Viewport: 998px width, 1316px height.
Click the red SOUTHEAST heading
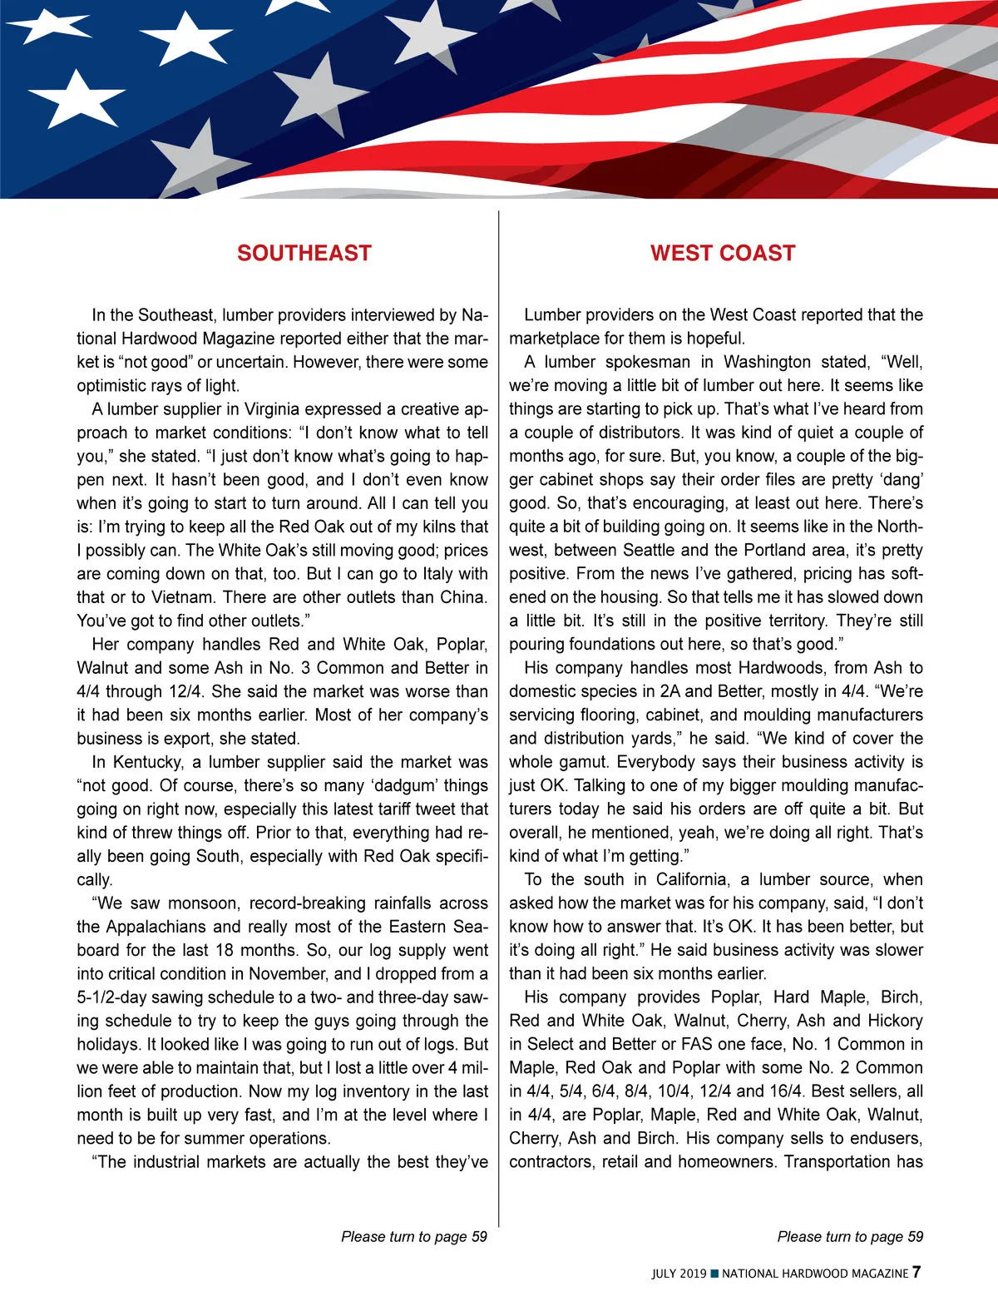(x=304, y=253)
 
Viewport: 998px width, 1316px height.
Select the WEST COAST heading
(x=723, y=253)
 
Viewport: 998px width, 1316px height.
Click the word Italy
(x=433, y=573)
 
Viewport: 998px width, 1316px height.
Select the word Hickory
(x=895, y=1021)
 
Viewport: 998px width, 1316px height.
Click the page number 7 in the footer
(x=916, y=1272)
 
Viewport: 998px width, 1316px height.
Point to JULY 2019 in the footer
(x=679, y=1274)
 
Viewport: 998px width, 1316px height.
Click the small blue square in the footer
(x=714, y=1274)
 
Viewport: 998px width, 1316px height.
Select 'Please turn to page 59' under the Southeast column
(x=413, y=1237)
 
